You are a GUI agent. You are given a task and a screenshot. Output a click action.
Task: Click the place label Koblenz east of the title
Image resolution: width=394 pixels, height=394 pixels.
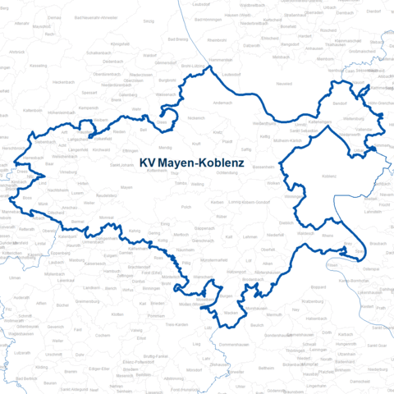pyautogui.click(x=329, y=176)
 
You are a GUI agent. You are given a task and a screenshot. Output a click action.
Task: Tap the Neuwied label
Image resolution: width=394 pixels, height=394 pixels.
pyautogui.click(x=284, y=84)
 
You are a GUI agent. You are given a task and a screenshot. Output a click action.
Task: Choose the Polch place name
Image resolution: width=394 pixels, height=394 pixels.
pyautogui.click(x=186, y=208)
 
